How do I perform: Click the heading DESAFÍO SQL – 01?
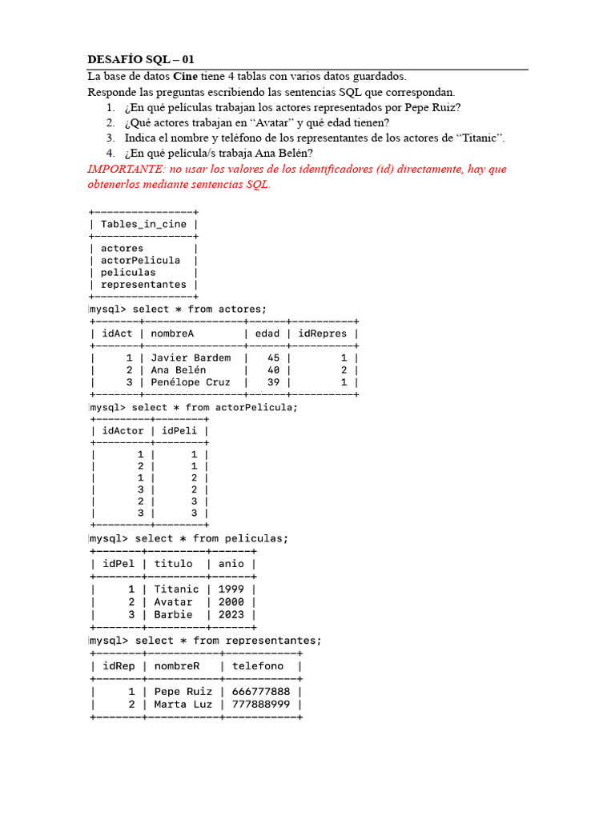coord(140,60)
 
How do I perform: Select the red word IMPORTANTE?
coord(121,170)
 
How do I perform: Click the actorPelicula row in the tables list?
coord(140,260)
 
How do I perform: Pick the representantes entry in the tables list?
coord(143,284)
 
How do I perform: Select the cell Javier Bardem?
coord(191,358)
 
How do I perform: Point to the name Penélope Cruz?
coord(191,382)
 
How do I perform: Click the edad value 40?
coord(274,370)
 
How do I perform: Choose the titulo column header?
coord(173,563)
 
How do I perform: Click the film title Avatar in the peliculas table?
coord(173,601)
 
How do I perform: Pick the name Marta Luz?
coord(183,704)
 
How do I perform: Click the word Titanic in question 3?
coord(478,138)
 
